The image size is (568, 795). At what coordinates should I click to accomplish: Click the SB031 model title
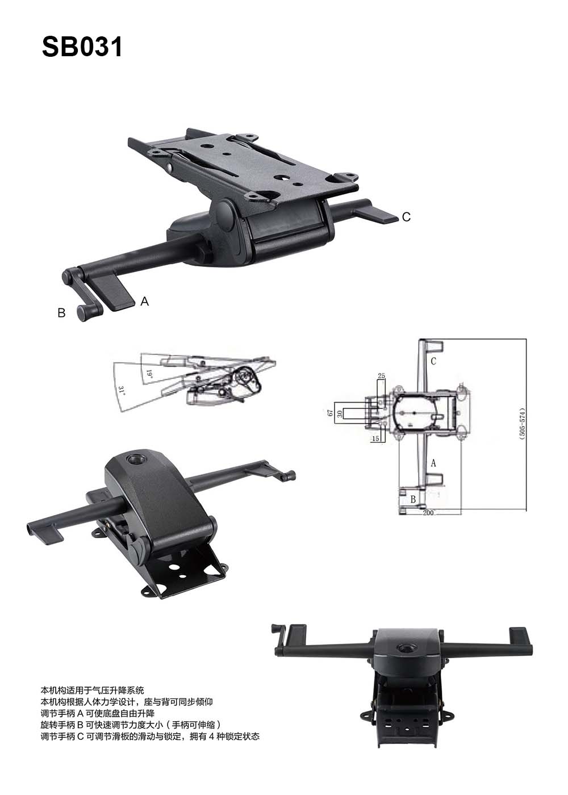[82, 47]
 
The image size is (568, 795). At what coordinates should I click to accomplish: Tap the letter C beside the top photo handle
[406, 217]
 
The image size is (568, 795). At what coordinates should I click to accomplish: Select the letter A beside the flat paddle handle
[144, 302]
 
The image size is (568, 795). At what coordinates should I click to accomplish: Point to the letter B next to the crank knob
[61, 313]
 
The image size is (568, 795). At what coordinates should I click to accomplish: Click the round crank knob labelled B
[82, 313]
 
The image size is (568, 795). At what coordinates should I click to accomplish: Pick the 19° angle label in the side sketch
[149, 374]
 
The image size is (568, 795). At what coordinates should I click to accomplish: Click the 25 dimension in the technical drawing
[381, 375]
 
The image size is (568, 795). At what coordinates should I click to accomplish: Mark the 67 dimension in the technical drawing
[330, 413]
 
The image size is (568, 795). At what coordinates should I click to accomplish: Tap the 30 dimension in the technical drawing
[340, 413]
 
